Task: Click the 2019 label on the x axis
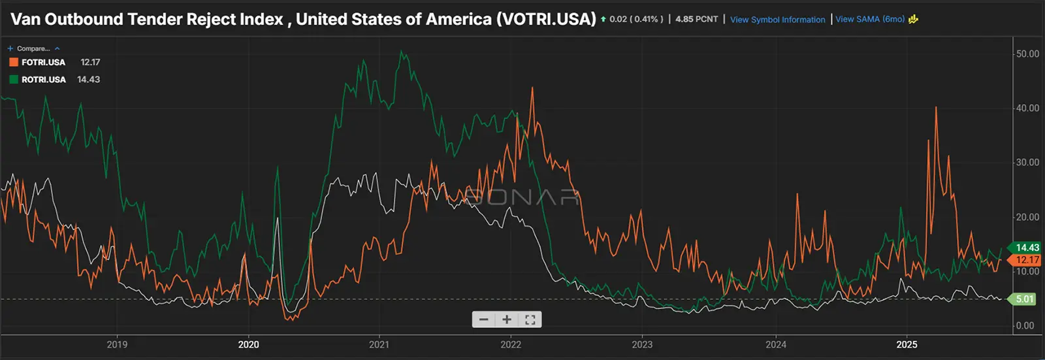coord(117,344)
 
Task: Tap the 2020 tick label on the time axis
coord(248,344)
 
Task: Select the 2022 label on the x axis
coord(511,344)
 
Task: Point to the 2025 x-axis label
coord(907,344)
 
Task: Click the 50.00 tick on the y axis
coord(1027,54)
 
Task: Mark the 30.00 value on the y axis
coord(1027,163)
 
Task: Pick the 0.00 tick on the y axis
coord(1025,325)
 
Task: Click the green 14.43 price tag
coord(1027,248)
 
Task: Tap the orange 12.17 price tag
coord(1027,260)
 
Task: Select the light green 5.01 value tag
coord(1025,299)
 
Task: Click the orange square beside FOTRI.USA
coord(13,62)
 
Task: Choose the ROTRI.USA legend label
coord(44,80)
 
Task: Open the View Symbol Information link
coord(777,20)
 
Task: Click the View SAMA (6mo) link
coord(870,19)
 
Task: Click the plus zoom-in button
coord(507,319)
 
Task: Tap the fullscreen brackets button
coord(530,319)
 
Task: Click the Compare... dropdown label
coord(33,48)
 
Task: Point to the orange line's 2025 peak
coord(936,107)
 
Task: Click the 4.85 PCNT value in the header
coord(696,19)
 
